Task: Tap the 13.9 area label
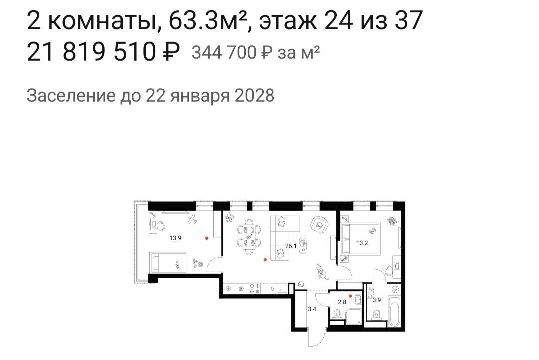[175, 238]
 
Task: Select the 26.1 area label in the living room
[291, 246]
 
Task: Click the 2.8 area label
[343, 302]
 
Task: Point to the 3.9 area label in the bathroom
[377, 300]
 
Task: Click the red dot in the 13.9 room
[207, 238]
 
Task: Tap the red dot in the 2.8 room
[351, 296]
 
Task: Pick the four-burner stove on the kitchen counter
[254, 288]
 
